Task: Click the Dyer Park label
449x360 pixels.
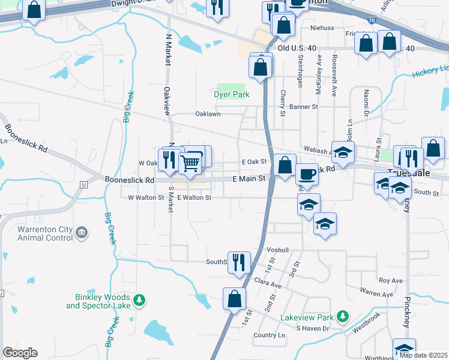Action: pos(231,94)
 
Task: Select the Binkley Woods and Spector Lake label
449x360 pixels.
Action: pos(98,301)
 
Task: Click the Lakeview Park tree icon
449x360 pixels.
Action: pos(342,315)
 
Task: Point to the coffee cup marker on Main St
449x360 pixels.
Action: pos(307,174)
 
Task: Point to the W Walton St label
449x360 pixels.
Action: pos(146,197)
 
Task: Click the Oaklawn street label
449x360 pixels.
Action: pos(208,113)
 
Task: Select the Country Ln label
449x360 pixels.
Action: pos(269,335)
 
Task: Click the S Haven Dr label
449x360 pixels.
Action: pos(313,328)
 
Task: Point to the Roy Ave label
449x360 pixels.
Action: pos(390,280)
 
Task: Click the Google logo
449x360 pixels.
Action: pos(19,353)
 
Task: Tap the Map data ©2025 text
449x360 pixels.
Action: pos(423,355)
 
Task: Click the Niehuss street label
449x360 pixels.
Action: pos(322,28)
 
